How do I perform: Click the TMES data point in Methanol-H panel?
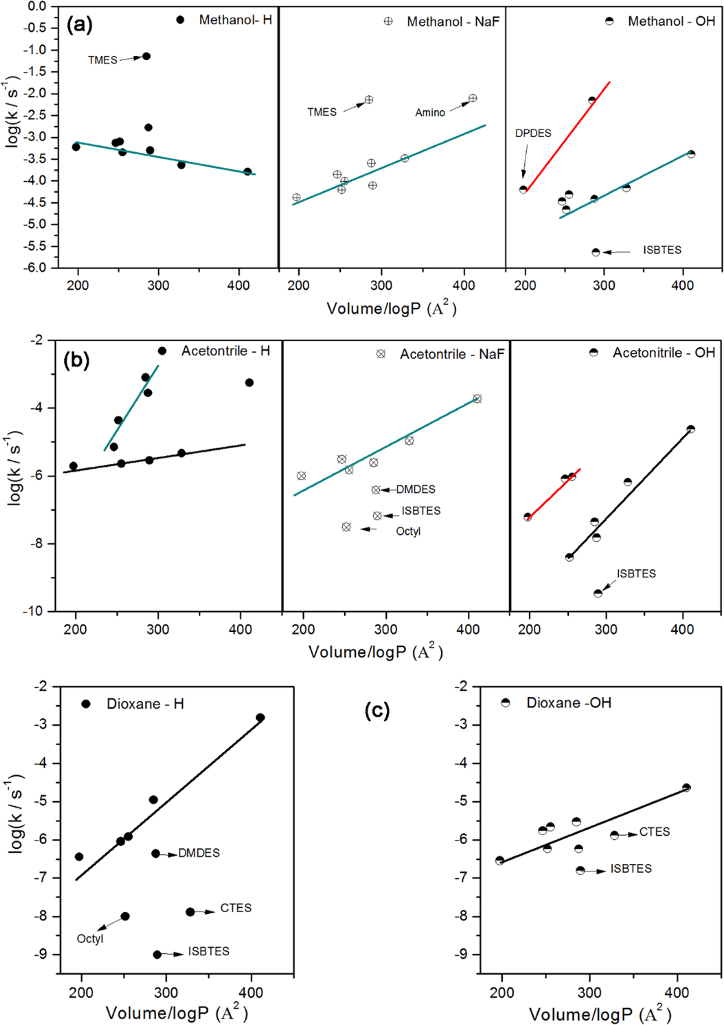[146, 56]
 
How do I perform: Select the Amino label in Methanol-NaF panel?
[430, 113]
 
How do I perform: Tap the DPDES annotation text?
[533, 133]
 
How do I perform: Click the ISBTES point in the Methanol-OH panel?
[596, 252]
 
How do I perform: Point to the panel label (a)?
[79, 24]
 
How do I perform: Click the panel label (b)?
[76, 360]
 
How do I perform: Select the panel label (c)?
[377, 710]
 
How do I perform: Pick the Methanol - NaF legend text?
[453, 21]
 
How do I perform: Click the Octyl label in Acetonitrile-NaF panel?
[408, 531]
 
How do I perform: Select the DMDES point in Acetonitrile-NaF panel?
[376, 490]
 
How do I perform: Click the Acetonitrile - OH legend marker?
[593, 352]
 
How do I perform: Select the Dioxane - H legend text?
[145, 704]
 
